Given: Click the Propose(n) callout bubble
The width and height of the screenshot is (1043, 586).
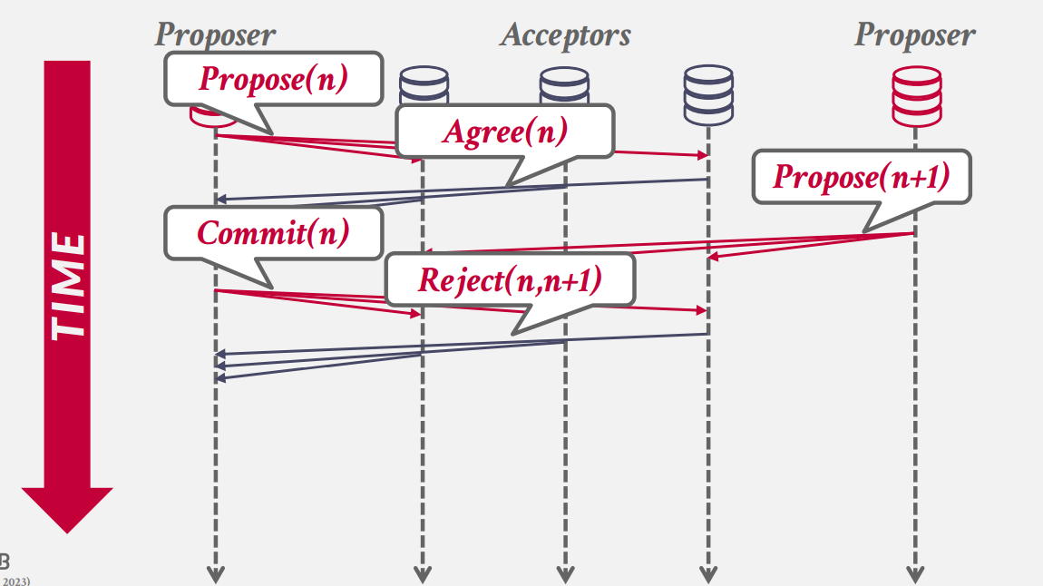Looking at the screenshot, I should tap(273, 80).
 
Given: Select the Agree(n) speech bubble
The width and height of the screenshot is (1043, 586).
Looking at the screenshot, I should tap(504, 132).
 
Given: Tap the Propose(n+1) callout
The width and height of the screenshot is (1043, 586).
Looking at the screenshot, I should tap(861, 176).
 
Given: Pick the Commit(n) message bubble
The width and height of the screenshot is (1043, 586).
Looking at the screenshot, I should tap(273, 233).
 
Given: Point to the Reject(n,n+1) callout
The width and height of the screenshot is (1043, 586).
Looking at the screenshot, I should tap(510, 279).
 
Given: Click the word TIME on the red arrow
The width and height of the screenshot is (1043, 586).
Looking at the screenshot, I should tap(67, 287).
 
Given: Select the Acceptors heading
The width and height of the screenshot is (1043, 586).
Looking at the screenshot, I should tap(565, 35).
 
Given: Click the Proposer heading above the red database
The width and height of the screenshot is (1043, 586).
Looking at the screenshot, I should tap(914, 35).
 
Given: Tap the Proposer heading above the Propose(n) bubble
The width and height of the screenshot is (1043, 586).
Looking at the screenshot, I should tap(215, 35).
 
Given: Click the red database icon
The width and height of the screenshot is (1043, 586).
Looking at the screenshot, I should tap(915, 95).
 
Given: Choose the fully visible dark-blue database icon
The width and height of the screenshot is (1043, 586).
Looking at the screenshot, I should tap(707, 95).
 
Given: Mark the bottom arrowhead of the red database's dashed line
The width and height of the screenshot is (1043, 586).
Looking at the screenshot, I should tap(915, 574).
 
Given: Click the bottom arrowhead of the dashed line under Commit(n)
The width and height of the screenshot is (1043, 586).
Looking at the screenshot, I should tap(216, 574).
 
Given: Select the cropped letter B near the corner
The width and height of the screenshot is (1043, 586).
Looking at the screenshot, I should tap(5, 560).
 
